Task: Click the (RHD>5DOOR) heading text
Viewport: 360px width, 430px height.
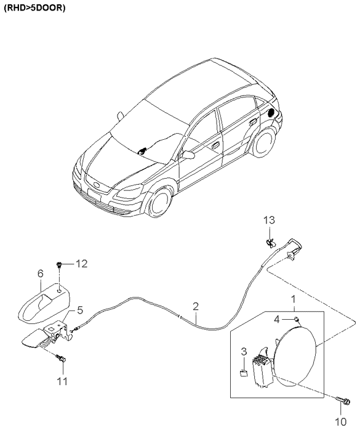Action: click(34, 8)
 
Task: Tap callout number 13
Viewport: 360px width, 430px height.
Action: click(269, 220)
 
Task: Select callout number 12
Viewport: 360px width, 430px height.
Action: click(81, 264)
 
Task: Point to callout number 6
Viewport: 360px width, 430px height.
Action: click(40, 274)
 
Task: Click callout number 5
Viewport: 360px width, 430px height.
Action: click(80, 310)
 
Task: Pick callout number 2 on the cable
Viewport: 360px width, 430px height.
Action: click(195, 306)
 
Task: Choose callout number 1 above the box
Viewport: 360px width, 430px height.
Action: click(294, 299)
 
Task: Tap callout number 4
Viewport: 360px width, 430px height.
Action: click(277, 319)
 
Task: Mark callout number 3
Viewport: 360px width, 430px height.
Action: click(244, 352)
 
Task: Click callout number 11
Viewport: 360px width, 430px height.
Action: click(62, 381)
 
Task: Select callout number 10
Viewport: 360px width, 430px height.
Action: click(341, 421)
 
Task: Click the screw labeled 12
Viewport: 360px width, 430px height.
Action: click(59, 264)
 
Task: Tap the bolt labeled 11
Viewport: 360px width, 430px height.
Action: click(61, 358)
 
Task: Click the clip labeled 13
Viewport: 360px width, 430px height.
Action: click(270, 243)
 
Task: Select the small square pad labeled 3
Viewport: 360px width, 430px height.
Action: click(243, 373)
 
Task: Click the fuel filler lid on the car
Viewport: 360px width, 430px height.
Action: click(271, 113)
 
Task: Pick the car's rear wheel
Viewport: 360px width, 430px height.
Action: click(263, 142)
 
